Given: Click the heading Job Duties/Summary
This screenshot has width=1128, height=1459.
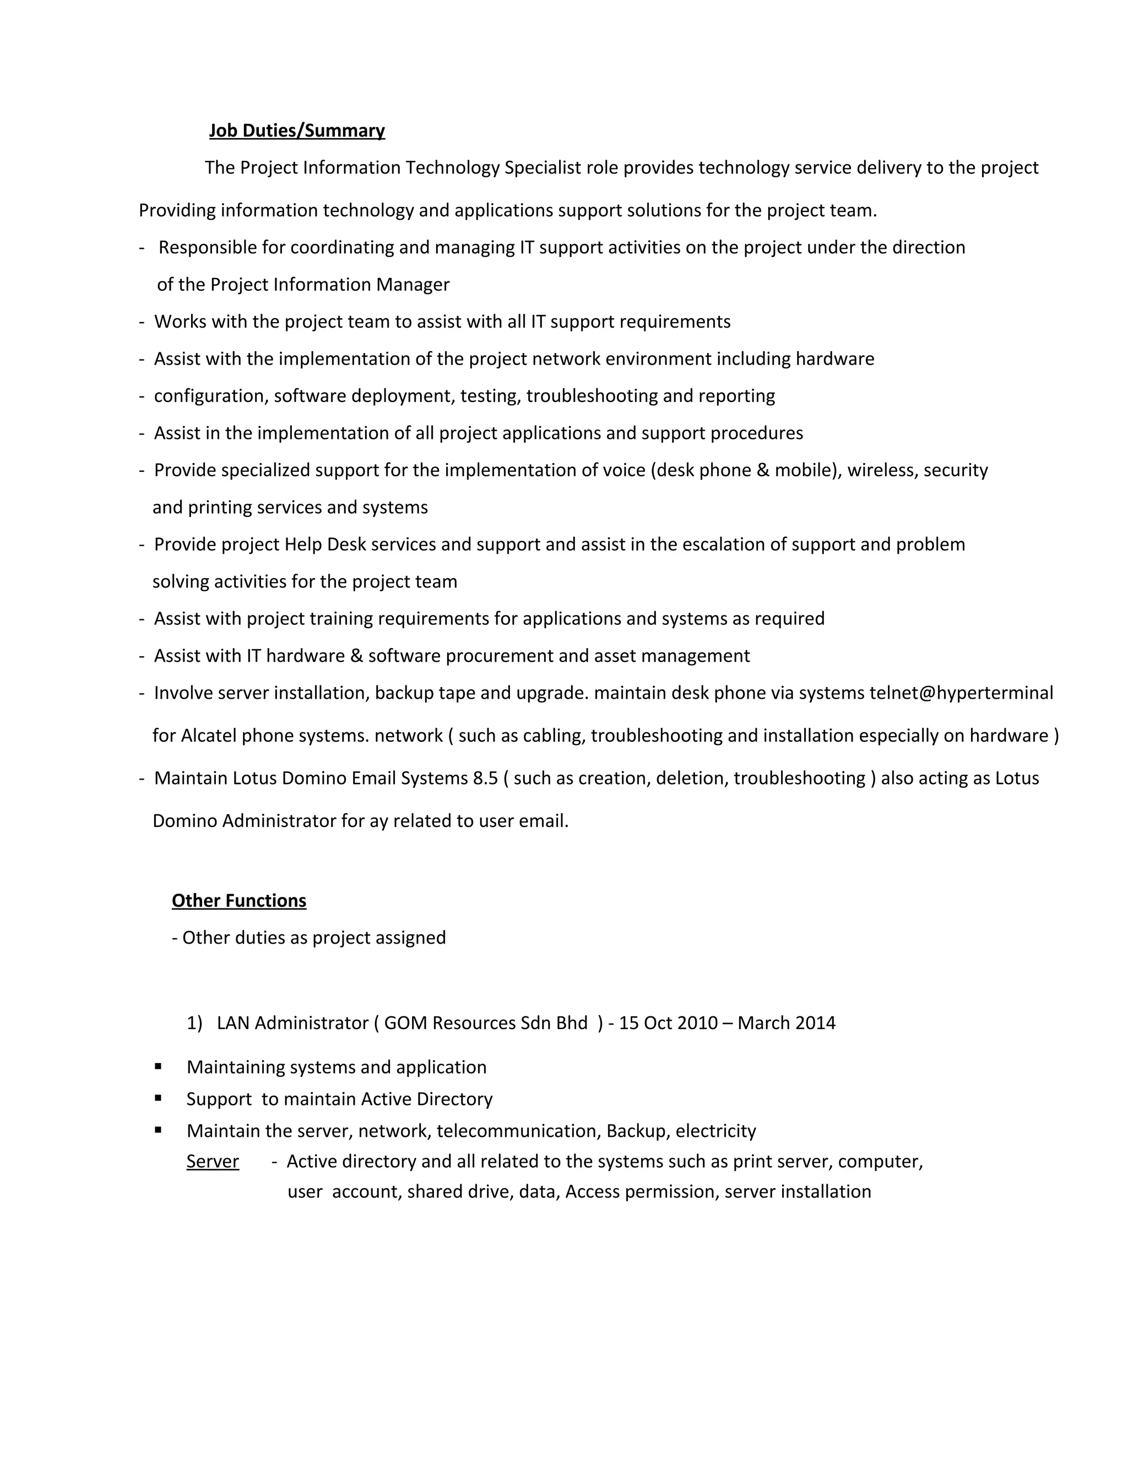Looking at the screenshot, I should point(297,130).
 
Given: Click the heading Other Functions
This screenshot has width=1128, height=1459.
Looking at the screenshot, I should point(238,901).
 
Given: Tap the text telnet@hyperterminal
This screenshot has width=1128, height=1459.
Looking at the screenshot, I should point(961,693).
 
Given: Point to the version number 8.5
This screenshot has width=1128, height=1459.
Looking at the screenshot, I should point(485,779).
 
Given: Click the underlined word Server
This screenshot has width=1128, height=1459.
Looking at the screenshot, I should point(213,1161).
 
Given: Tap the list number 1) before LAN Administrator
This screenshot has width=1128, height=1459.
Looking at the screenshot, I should point(194,1023).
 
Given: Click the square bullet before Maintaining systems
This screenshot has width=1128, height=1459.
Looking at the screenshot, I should point(159,1066).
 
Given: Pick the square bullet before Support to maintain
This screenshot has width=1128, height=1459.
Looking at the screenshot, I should point(159,1098).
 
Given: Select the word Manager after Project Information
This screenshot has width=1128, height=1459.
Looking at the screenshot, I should point(413,285).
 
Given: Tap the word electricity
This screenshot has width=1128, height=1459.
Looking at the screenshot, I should point(715,1130).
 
